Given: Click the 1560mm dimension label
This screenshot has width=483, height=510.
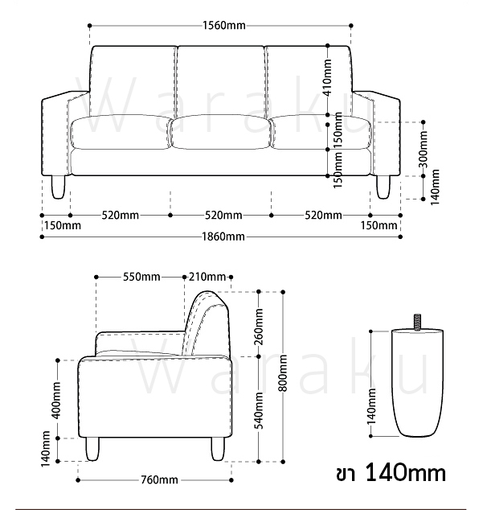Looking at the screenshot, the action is pyautogui.click(x=224, y=26).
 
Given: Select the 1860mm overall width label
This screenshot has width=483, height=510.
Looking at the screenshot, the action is pyautogui.click(x=223, y=236).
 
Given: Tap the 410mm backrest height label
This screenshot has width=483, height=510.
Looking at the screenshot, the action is pyautogui.click(x=327, y=78).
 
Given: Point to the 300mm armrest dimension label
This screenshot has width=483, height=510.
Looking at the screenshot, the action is pyautogui.click(x=424, y=150).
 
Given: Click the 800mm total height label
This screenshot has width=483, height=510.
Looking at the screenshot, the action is pyautogui.click(x=283, y=373).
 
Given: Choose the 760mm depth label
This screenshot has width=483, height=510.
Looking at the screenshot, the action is pyautogui.click(x=159, y=479).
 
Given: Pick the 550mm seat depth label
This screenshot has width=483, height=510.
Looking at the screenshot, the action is pyautogui.click(x=141, y=277).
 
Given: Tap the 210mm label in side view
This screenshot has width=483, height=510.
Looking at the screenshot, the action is pyautogui.click(x=207, y=277).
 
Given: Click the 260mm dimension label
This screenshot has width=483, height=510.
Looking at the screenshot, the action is pyautogui.click(x=259, y=327).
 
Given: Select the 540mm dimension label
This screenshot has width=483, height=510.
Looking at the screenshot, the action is pyautogui.click(x=259, y=410).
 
